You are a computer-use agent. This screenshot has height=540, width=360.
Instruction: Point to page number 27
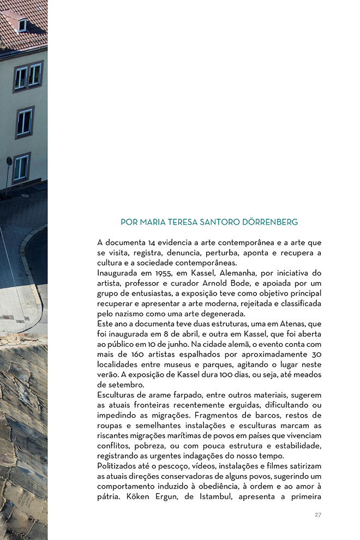318,515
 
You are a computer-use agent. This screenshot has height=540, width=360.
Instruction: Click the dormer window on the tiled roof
22,25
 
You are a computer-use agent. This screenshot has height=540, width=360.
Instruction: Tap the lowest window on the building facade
21,168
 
